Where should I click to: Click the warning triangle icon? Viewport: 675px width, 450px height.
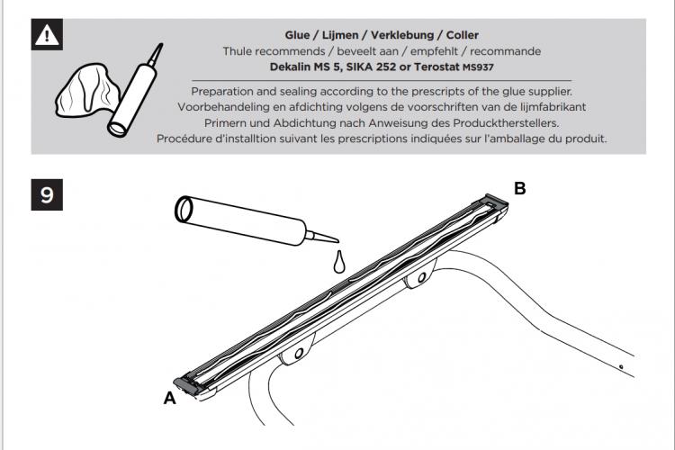tap(47, 34)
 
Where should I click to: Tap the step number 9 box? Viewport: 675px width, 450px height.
tap(47, 194)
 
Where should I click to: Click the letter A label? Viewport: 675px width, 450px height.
tap(170, 399)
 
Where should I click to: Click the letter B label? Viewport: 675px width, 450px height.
tap(520, 188)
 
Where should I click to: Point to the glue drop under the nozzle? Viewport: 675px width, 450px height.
tap(339, 262)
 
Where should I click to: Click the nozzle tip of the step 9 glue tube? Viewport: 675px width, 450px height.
tap(337, 240)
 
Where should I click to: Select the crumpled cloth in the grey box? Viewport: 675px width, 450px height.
tap(88, 90)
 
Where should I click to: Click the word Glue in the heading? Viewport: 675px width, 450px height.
tap(297, 35)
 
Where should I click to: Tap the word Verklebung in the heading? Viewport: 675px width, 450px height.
tap(402, 35)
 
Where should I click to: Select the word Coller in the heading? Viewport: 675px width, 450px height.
tap(463, 35)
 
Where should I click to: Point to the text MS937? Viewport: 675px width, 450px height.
tap(478, 67)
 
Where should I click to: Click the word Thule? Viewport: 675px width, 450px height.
tap(238, 51)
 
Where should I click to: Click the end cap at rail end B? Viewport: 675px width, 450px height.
tap(494, 202)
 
